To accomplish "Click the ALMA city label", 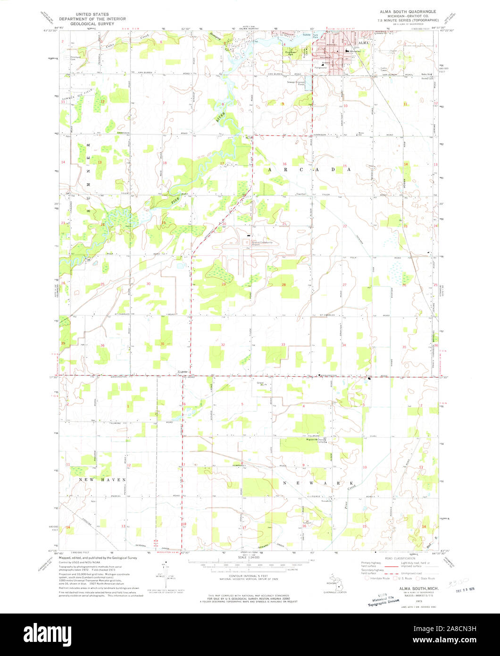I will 363,43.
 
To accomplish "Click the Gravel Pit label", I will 262,383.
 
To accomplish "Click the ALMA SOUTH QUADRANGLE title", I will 404,10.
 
